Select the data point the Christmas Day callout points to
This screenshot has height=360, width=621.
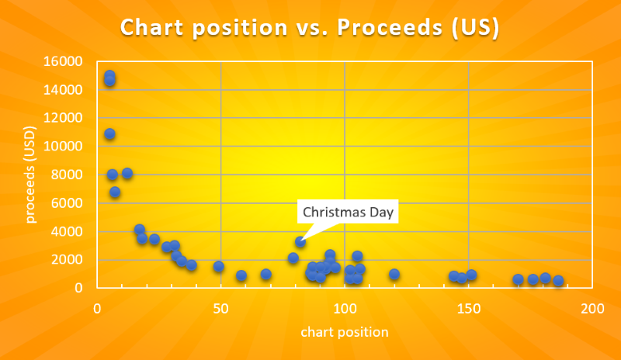tap(300, 242)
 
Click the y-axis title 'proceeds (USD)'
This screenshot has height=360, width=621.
tap(30, 175)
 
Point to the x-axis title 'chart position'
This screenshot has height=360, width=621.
tap(345, 332)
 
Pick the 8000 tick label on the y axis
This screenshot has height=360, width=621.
tap(68, 175)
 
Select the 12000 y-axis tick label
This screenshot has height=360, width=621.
tap(64, 119)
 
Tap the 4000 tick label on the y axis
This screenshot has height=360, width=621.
tap(68, 232)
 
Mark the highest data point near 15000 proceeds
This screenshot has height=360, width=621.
tap(109, 76)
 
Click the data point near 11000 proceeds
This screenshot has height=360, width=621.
tap(109, 134)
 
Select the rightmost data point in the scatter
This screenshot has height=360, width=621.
tap(558, 281)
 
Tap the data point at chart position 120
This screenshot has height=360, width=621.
tap(394, 274)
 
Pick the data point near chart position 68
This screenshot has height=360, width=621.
tap(265, 274)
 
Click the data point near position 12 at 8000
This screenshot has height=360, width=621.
tap(127, 173)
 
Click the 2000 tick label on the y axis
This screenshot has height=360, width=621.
tap(68, 260)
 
